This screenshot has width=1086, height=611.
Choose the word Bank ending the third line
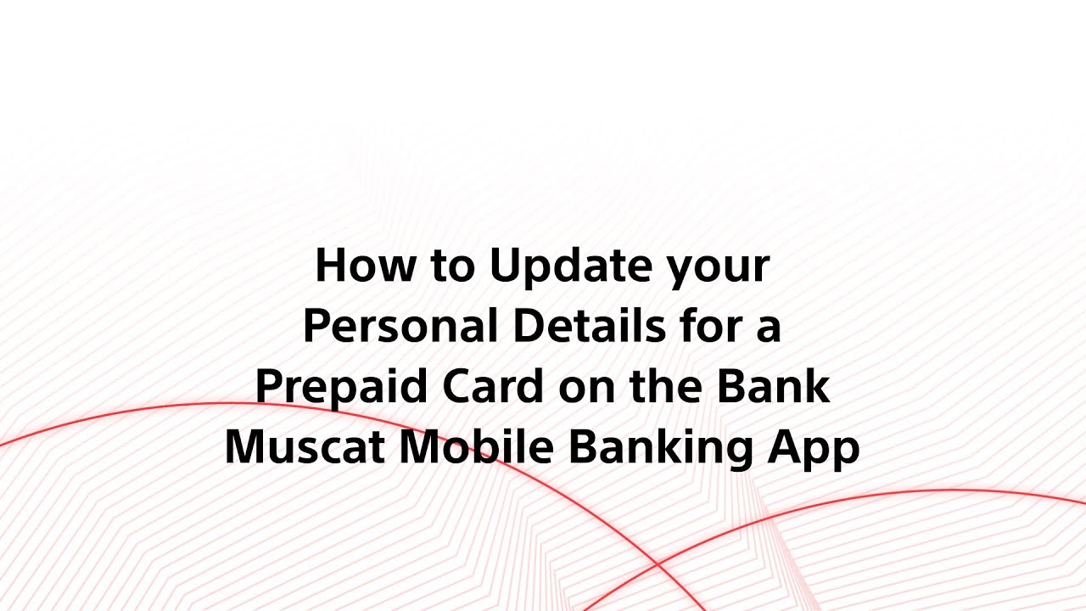point(774,388)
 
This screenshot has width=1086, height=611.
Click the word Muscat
point(305,448)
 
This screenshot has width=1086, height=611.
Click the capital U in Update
point(503,267)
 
